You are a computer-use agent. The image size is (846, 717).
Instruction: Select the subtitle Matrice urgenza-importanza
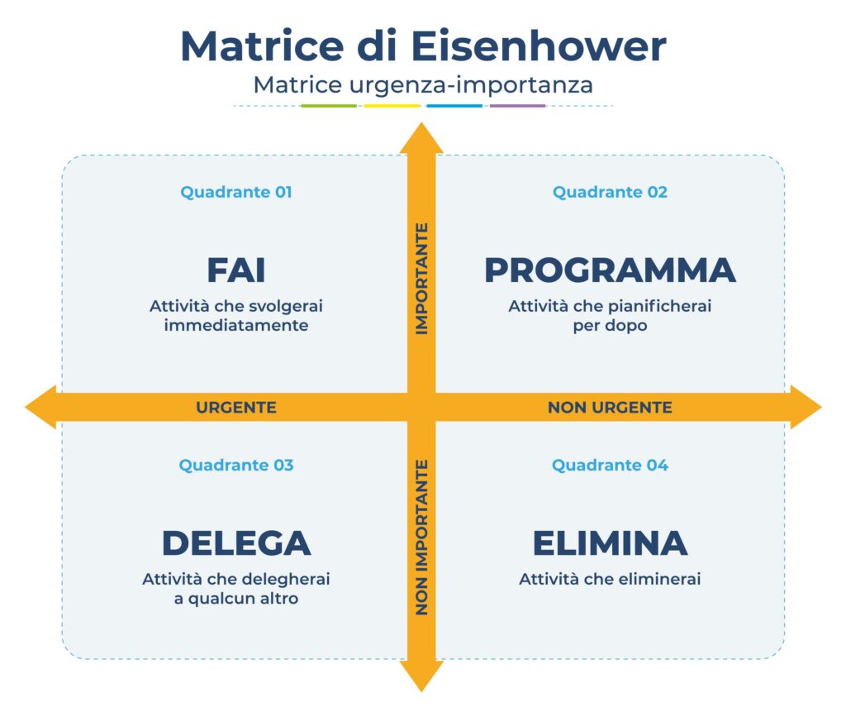[x=423, y=84]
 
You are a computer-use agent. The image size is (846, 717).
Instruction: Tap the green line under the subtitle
[x=329, y=106]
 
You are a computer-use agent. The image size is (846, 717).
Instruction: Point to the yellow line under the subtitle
[x=392, y=106]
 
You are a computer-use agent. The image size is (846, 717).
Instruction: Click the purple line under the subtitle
[x=517, y=106]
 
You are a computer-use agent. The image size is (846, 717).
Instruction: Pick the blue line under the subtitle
[x=454, y=106]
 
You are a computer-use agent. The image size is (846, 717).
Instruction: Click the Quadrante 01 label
[x=236, y=192]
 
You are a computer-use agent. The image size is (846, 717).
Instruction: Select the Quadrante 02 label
[x=610, y=192]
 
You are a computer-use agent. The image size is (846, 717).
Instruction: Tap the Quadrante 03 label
[x=236, y=465]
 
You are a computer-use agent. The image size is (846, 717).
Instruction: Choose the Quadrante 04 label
[x=610, y=465]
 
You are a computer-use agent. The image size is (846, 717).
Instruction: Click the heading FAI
[x=236, y=270]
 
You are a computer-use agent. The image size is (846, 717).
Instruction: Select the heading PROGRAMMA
[x=610, y=270]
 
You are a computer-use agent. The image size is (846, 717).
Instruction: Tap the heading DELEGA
[x=236, y=543]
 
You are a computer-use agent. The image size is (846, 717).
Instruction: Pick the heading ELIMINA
[x=610, y=543]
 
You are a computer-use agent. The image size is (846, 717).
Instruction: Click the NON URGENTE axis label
[x=610, y=407]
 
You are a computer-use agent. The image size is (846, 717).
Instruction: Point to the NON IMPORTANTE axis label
[x=421, y=538]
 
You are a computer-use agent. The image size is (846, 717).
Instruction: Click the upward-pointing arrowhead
[x=421, y=139]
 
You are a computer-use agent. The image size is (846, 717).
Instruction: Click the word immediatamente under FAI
[x=236, y=326]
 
